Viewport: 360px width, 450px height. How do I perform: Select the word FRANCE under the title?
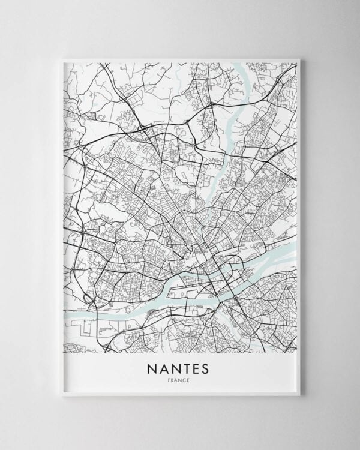click(x=180, y=380)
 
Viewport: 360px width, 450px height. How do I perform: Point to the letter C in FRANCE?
click(x=185, y=380)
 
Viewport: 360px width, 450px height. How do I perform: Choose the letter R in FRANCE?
click(x=175, y=380)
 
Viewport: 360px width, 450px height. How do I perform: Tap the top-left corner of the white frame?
click(x=61, y=58)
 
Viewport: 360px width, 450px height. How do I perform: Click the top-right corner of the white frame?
click(x=300, y=58)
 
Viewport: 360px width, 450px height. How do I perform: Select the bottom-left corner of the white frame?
click(x=61, y=396)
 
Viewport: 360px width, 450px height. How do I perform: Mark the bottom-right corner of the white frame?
click(x=300, y=396)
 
